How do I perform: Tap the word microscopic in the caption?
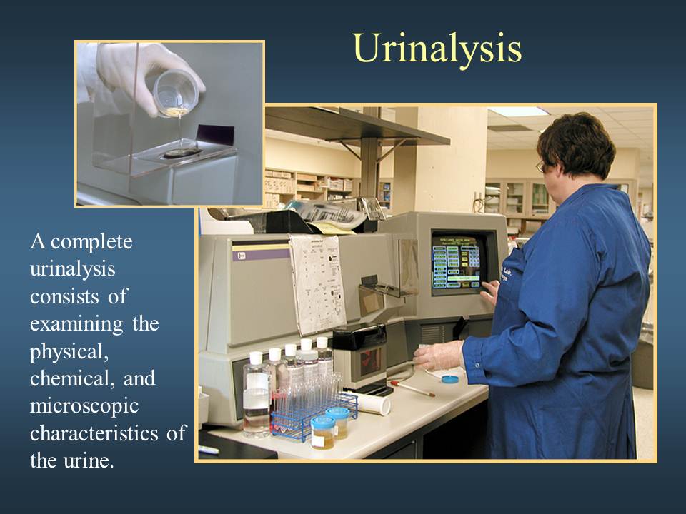[x=84, y=406]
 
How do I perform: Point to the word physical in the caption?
[x=69, y=352]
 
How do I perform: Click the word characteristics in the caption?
[x=94, y=433]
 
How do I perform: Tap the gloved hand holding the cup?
[x=144, y=72]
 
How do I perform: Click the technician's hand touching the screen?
[x=491, y=291]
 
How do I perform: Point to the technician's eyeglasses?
[x=541, y=166]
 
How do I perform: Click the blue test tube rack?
[x=313, y=416]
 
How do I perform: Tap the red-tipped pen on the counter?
[x=413, y=388]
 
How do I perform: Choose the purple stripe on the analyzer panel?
[x=261, y=254]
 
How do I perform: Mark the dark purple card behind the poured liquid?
[x=215, y=135]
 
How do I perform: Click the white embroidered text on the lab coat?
[x=507, y=273]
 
